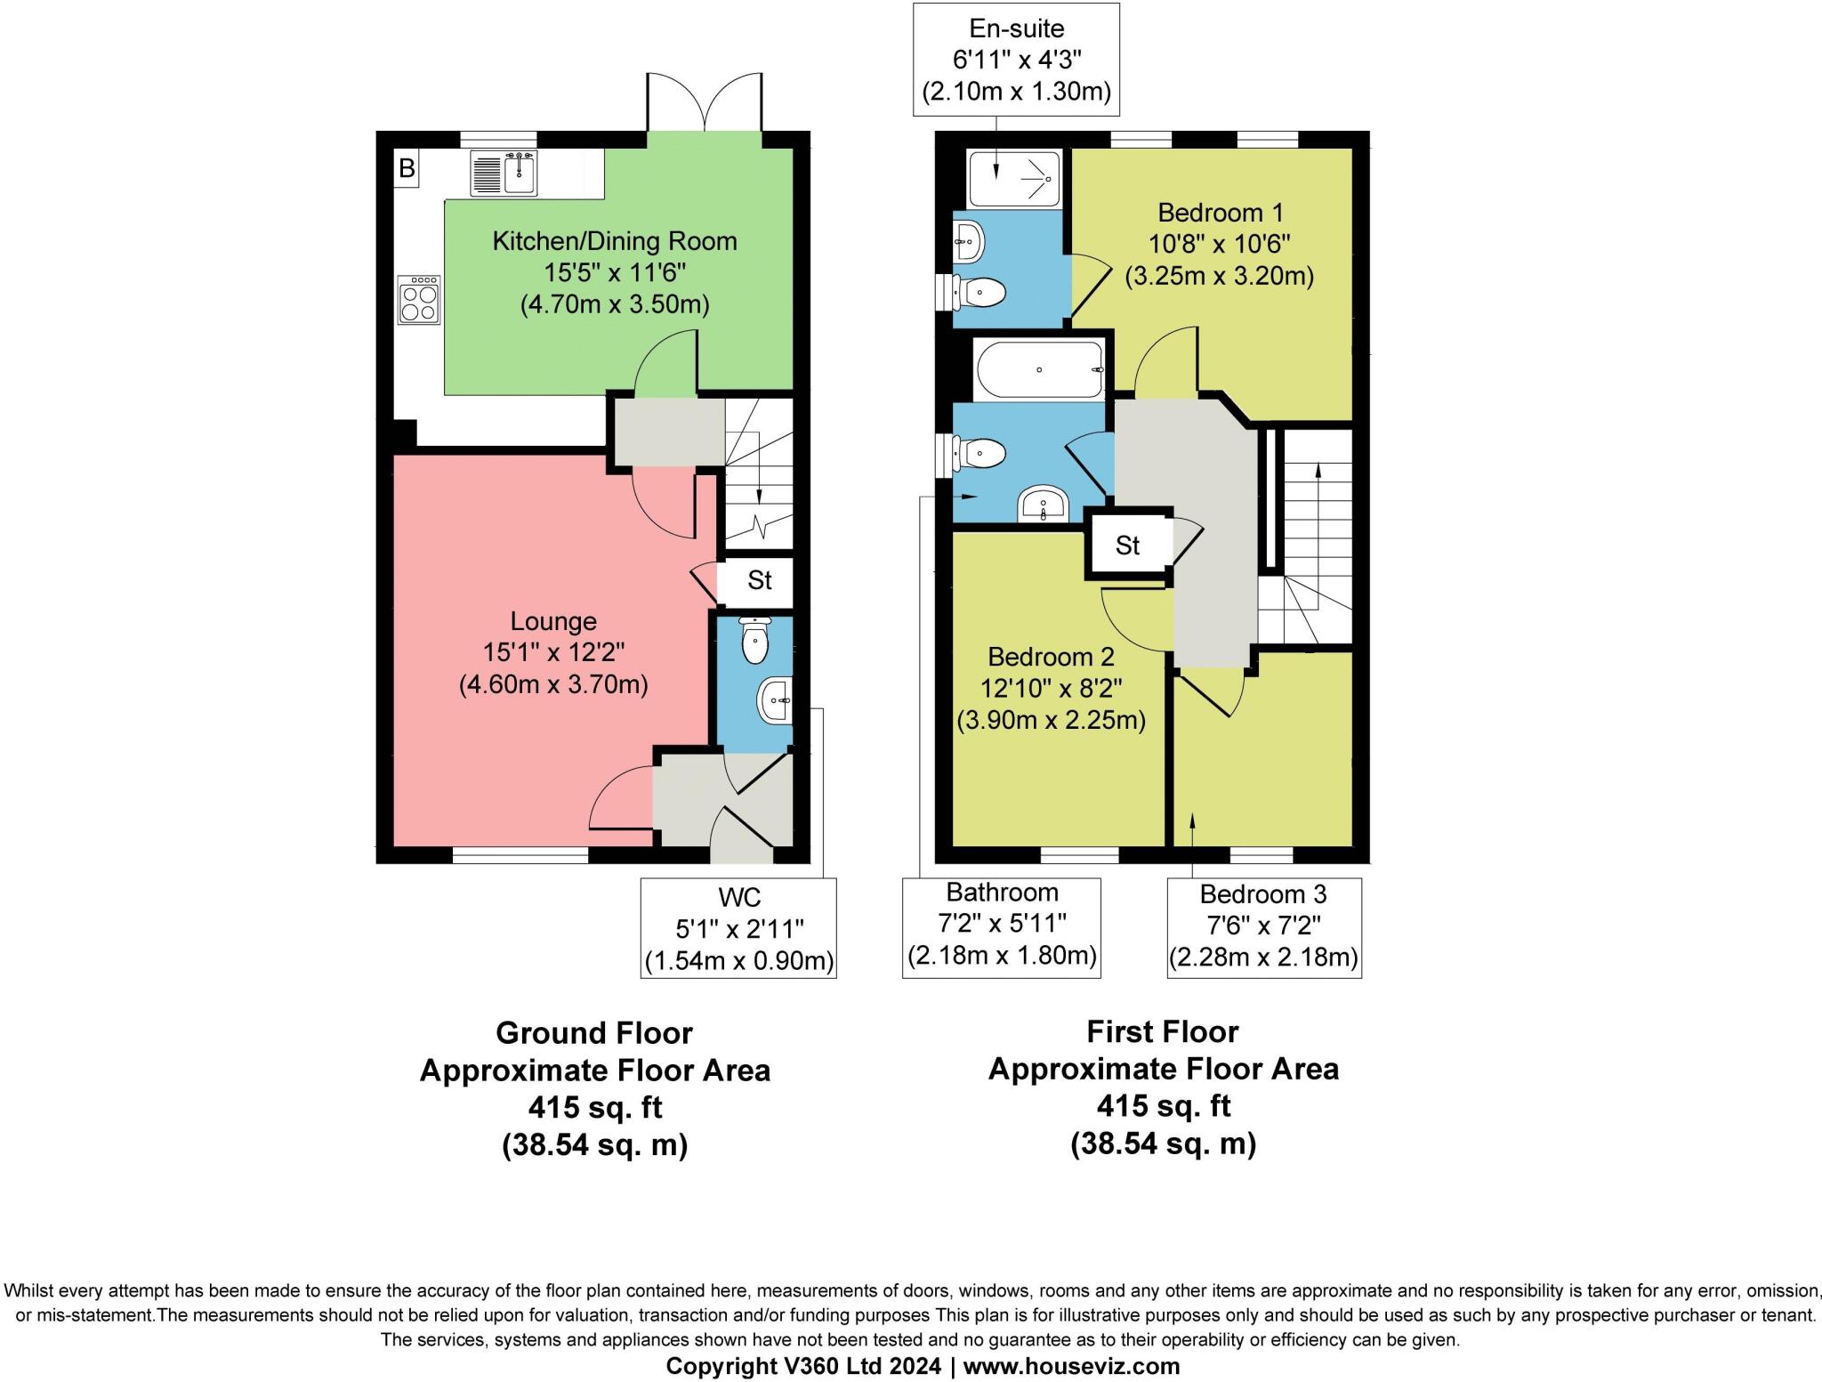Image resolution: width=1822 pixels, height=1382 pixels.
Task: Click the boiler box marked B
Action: [x=407, y=168]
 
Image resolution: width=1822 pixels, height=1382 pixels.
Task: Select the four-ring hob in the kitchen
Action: [x=419, y=300]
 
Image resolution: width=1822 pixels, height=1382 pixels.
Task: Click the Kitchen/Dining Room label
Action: [x=615, y=241]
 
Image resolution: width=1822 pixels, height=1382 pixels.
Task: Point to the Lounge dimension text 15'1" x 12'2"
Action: [x=553, y=652]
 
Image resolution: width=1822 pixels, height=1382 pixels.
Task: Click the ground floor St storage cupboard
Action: [x=758, y=581]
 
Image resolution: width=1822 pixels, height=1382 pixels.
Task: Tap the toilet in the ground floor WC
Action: [x=754, y=642]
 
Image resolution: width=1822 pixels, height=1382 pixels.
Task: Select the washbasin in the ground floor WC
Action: [x=774, y=700]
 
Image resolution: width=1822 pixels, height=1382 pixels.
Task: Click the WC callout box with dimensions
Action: [x=738, y=928]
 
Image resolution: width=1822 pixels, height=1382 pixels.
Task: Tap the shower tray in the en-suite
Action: [x=1014, y=178]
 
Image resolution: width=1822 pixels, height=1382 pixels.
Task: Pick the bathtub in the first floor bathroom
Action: [x=1039, y=369]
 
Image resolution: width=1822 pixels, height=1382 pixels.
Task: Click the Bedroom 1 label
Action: [x=1220, y=213]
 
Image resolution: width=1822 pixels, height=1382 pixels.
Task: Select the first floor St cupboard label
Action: [x=1127, y=546]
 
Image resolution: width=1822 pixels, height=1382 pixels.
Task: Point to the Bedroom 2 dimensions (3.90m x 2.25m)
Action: [x=1051, y=720]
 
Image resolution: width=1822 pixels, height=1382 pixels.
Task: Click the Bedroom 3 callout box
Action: [x=1263, y=927]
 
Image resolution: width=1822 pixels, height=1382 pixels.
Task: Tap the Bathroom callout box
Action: [x=1002, y=927]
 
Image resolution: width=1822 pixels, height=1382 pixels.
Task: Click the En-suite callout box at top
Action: [x=1016, y=60]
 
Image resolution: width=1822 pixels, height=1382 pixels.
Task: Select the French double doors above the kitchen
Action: [x=705, y=102]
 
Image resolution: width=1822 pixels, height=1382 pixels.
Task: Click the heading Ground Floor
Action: [x=593, y=1033]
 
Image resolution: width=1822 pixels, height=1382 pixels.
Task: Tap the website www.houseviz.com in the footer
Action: [x=1071, y=1366]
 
